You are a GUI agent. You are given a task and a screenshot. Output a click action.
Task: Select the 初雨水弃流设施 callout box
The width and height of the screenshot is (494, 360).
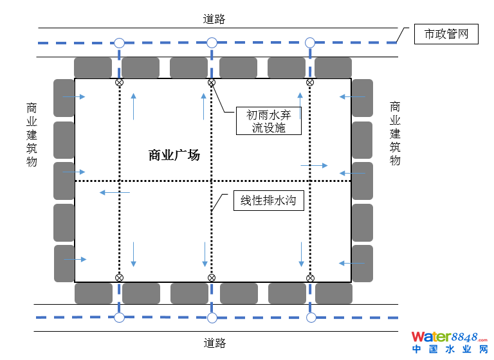pyautogui.click(x=269, y=121)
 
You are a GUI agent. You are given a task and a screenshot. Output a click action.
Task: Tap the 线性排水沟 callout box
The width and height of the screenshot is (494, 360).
pyautogui.click(x=268, y=201)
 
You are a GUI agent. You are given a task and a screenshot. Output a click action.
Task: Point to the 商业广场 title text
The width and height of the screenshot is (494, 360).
pyautogui.click(x=174, y=155)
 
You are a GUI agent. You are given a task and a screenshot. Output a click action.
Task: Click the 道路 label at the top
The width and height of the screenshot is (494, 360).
pyautogui.click(x=214, y=19)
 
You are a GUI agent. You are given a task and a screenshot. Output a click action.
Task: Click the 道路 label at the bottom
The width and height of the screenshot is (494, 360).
pyautogui.click(x=214, y=343)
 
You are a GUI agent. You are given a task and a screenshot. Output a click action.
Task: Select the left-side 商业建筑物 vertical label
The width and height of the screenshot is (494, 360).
pyautogui.click(x=32, y=134)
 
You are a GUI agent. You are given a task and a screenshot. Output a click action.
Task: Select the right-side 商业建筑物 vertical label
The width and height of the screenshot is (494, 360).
pyautogui.click(x=395, y=133)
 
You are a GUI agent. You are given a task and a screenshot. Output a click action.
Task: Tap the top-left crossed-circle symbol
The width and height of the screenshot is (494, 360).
pyautogui.click(x=119, y=82)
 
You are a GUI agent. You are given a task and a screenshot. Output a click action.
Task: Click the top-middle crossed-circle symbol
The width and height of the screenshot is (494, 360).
pyautogui.click(x=211, y=82)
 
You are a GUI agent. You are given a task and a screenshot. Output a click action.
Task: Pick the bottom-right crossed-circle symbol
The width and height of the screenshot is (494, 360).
pyautogui.click(x=310, y=278)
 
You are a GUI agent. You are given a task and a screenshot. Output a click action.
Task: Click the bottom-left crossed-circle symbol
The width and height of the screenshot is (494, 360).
pyautogui.click(x=119, y=278)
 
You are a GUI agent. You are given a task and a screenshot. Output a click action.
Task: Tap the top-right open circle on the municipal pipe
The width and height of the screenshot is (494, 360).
pyautogui.click(x=310, y=43)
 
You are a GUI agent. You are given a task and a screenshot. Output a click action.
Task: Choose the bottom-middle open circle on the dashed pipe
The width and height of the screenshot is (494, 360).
pyautogui.click(x=211, y=317)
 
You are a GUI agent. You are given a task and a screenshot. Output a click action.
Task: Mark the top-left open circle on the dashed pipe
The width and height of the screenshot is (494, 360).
pyautogui.click(x=119, y=43)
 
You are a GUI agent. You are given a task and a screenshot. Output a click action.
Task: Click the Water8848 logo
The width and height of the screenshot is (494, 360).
pyautogui.click(x=450, y=341)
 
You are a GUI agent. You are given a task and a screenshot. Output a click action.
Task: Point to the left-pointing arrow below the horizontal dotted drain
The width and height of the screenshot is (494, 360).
pyautogui.click(x=113, y=192)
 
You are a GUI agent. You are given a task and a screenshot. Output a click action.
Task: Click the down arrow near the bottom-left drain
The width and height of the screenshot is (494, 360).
pyautogui.click(x=133, y=255)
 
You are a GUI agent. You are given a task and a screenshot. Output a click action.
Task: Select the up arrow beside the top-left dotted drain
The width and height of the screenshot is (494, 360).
pyautogui.click(x=134, y=106)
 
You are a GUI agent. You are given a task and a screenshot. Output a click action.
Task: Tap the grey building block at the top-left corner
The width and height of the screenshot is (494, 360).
pyautogui.click(x=93, y=67)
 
